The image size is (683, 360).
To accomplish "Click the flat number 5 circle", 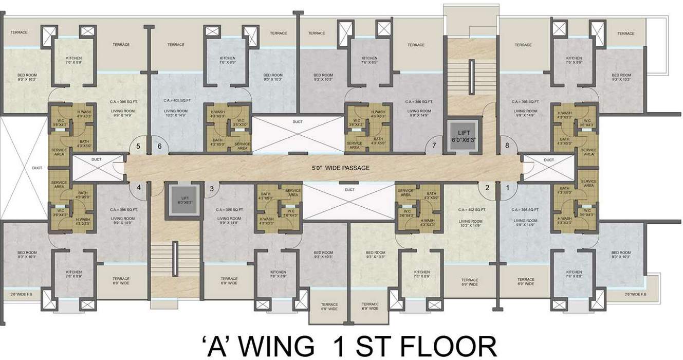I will click(x=138, y=147).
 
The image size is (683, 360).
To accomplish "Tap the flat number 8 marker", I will click(x=507, y=146).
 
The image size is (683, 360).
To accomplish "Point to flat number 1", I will click(x=508, y=188).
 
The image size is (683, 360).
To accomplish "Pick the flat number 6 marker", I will click(x=159, y=147).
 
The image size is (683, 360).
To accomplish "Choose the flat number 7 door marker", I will click(x=434, y=146).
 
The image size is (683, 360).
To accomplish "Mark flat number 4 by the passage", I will click(x=138, y=188).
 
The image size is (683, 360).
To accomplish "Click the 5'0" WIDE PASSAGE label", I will click(x=341, y=168).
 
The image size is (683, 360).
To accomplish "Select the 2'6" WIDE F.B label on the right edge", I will click(x=633, y=294).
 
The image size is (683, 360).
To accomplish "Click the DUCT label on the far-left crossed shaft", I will click(x=37, y=168).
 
